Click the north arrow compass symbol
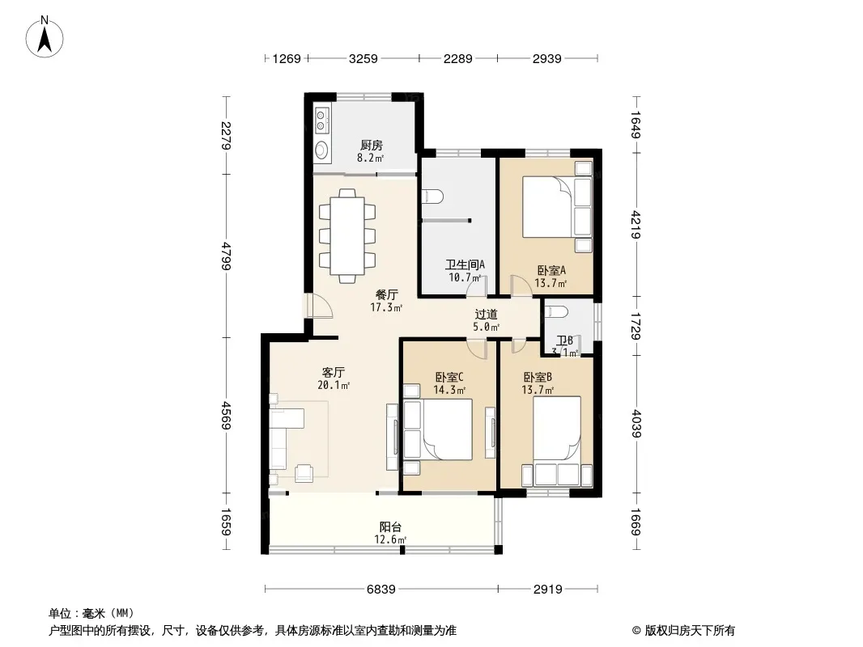(45, 37)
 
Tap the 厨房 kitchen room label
(372, 145)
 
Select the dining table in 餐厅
(347, 236)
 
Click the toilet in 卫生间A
(432, 197)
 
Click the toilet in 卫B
(556, 311)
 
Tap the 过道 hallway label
(486, 315)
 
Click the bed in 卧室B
(557, 428)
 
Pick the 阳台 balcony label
(390, 526)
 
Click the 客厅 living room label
(334, 372)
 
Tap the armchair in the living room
(304, 473)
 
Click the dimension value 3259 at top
(363, 58)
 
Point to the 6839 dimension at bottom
(380, 590)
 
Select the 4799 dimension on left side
(226, 256)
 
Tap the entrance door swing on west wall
(319, 307)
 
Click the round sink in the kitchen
(321, 149)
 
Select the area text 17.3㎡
(386, 307)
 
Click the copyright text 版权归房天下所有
(690, 631)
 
